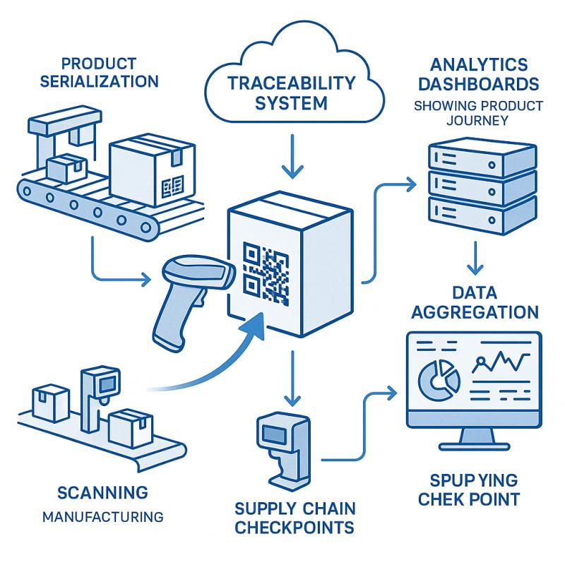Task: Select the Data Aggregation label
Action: click(x=475, y=302)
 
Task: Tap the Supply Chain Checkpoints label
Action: click(x=295, y=518)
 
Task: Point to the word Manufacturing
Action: click(x=103, y=516)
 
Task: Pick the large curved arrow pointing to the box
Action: click(x=212, y=367)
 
